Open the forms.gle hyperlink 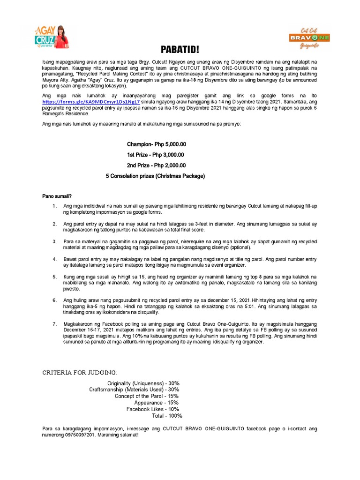(x=90, y=101)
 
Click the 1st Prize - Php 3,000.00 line (x=156, y=155)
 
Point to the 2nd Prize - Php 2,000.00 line (x=156, y=165)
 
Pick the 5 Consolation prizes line (x=156, y=176)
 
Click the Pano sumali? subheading (x=57, y=195)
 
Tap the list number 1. (x=55, y=206)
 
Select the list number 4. (x=55, y=259)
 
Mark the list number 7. (x=55, y=324)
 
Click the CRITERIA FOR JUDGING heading (x=80, y=372)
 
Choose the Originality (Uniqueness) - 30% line (x=143, y=383)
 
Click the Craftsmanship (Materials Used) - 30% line (x=135, y=390)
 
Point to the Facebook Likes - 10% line (x=153, y=409)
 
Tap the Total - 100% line (x=167, y=415)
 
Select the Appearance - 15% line (x=157, y=403)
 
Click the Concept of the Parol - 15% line (x=147, y=396)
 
